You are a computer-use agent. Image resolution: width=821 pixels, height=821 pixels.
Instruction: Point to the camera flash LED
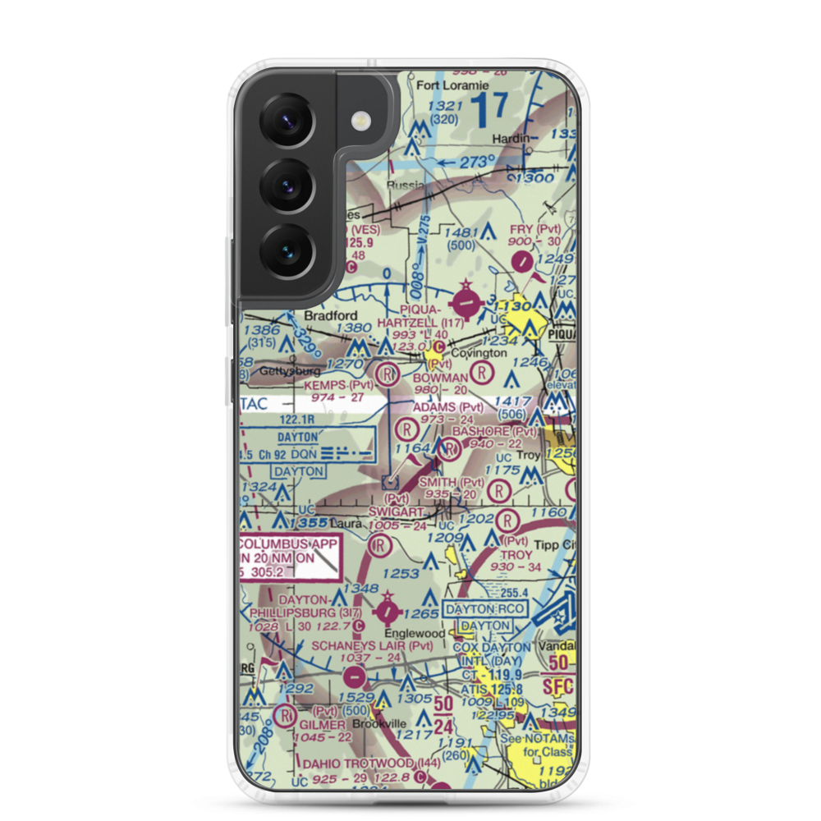click(359, 122)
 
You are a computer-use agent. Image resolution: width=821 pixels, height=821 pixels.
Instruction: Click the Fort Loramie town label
click(453, 85)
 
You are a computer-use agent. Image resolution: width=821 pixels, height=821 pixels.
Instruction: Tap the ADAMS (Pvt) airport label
click(448, 406)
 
